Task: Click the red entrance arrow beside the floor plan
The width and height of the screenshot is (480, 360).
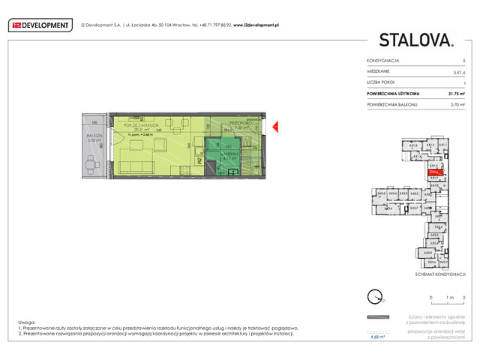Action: pyautogui.click(x=274, y=126)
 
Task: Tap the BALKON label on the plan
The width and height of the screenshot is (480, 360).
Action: pyautogui.click(x=94, y=136)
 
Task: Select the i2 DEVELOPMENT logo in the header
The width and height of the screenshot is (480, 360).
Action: pyautogui.click(x=38, y=25)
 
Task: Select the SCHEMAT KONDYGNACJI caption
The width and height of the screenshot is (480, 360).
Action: pyautogui.click(x=440, y=274)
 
